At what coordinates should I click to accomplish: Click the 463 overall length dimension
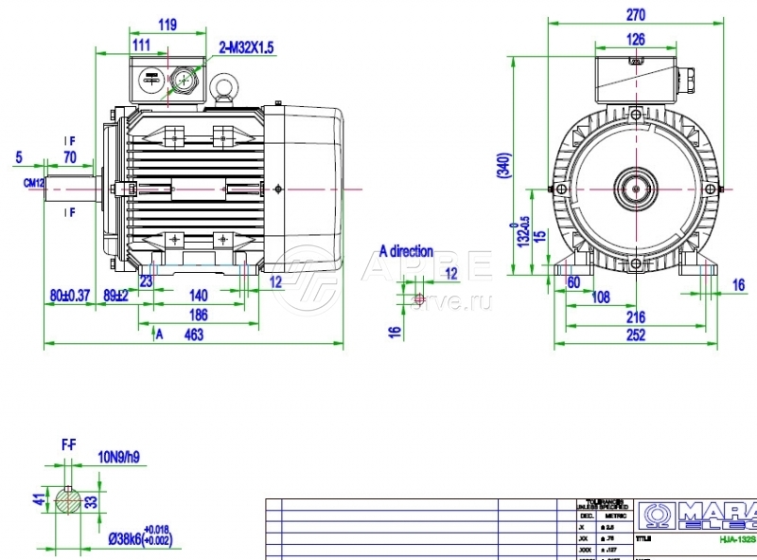195,334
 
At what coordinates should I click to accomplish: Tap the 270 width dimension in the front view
636,14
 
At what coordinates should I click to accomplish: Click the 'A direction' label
406,251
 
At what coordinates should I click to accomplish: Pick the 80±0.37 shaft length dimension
69,295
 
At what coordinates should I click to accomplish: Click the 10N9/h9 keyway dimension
120,459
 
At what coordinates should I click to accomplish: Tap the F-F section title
69,443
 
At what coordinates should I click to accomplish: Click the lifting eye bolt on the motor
225,89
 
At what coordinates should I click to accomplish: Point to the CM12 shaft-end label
34,182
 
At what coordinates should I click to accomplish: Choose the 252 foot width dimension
635,334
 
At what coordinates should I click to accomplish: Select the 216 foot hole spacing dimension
635,317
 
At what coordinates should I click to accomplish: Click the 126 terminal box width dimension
636,39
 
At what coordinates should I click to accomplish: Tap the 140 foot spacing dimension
198,295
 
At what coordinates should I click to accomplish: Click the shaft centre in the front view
635,190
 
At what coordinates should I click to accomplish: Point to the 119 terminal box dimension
167,26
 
